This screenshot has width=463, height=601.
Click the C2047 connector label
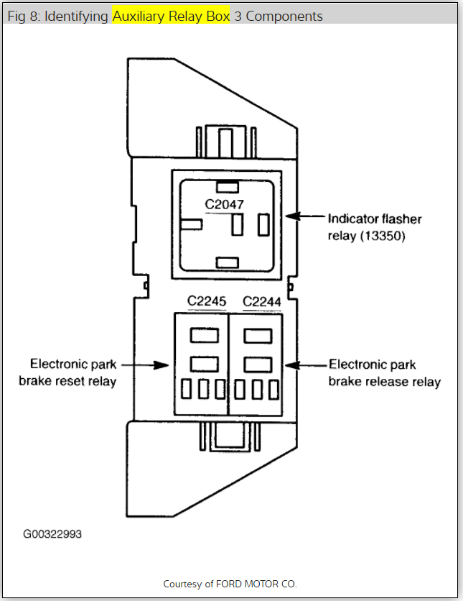(x=225, y=204)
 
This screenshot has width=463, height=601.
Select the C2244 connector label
(x=261, y=301)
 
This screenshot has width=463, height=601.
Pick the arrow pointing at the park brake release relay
(x=303, y=365)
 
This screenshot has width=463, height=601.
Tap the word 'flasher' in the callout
(x=402, y=219)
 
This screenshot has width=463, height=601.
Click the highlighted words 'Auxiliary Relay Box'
(x=171, y=16)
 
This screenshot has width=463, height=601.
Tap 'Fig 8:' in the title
(x=24, y=16)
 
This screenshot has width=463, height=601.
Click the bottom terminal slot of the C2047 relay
(x=227, y=262)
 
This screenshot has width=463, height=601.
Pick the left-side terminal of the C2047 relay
(x=192, y=224)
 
